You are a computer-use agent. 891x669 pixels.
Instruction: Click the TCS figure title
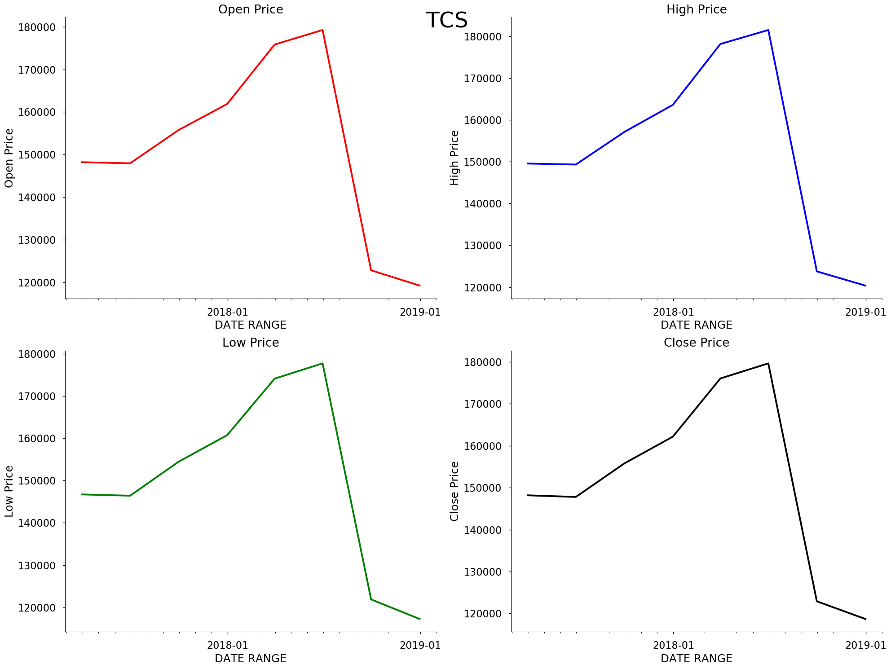coord(446,21)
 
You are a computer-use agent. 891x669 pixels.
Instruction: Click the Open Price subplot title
coord(251,9)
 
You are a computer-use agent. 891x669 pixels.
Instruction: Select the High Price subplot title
coord(696,9)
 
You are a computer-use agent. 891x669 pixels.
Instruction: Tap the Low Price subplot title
coord(251,343)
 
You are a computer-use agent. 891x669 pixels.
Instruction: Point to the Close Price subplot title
coord(696,343)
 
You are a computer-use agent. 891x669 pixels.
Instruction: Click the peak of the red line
coord(322,30)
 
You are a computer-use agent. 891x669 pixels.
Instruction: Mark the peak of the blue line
coord(768,30)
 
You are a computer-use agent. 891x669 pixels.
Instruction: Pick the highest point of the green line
coord(322,363)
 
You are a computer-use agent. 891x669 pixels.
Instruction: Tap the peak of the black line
coord(768,363)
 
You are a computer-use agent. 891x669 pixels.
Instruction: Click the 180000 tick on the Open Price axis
coord(37,27)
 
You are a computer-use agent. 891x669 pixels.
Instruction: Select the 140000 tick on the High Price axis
coord(483,204)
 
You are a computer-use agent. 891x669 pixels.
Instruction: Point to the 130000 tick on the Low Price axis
coord(37,565)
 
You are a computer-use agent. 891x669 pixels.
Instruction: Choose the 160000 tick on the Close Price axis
coord(483,446)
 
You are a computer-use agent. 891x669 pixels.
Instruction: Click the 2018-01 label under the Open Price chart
coord(227,312)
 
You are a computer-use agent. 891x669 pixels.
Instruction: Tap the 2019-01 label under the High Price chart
coord(865,312)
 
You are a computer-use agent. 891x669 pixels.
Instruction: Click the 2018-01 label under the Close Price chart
coord(673,645)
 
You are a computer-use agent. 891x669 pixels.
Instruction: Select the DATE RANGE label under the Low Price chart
coord(251,659)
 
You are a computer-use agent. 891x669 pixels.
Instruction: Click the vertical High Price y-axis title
coord(454,158)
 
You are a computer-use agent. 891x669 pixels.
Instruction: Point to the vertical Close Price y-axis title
coord(454,491)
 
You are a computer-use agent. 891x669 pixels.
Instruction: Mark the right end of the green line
coord(420,619)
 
